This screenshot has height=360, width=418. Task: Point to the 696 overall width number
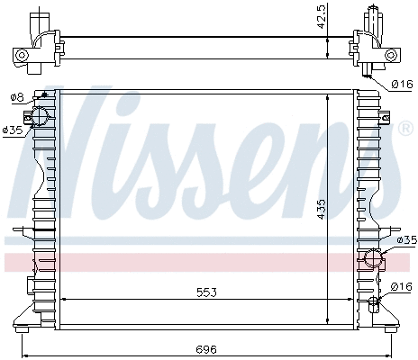[206, 349]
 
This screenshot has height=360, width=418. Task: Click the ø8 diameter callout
[16, 96]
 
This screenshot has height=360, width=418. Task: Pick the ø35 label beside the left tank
[12, 130]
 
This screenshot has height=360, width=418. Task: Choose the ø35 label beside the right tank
[406, 239]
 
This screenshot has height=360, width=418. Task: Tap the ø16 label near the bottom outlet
[402, 286]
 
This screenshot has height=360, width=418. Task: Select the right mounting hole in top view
[390, 55]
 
